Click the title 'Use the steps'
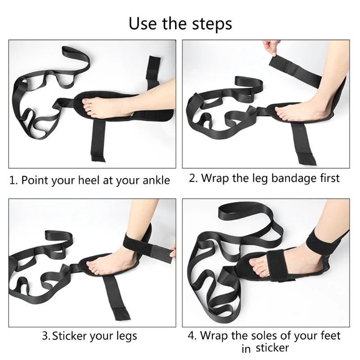(180, 23)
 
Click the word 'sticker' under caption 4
(272, 348)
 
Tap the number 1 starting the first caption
(13, 180)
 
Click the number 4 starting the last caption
(191, 336)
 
